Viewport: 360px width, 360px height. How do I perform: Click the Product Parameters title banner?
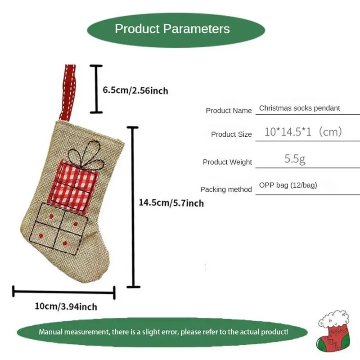[x=172, y=29]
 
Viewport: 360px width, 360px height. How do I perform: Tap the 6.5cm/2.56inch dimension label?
[x=135, y=90]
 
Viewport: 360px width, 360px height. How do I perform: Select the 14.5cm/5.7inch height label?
[x=171, y=203]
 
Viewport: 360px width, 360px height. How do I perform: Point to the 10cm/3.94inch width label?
[x=66, y=307]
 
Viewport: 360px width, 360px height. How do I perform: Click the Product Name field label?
[x=229, y=110]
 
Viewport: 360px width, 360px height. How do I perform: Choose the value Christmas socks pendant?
[x=299, y=108]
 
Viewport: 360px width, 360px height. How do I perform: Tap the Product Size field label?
[x=231, y=134]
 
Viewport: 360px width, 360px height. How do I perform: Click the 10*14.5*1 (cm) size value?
[x=303, y=132]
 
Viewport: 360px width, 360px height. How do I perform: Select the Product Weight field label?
[x=227, y=162]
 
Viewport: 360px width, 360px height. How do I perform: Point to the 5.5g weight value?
[x=295, y=158]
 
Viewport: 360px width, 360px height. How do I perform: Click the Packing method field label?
[x=226, y=189]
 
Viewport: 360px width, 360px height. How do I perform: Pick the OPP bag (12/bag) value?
[x=288, y=185]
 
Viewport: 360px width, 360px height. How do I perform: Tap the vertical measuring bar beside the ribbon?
[x=96, y=89]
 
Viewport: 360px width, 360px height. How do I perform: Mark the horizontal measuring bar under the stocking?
[x=64, y=292]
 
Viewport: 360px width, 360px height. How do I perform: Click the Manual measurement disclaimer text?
[x=163, y=332]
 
